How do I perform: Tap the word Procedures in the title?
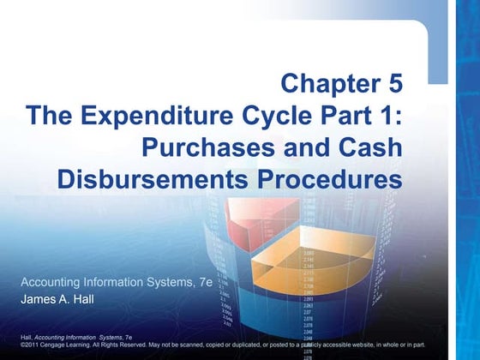click(324, 179)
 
